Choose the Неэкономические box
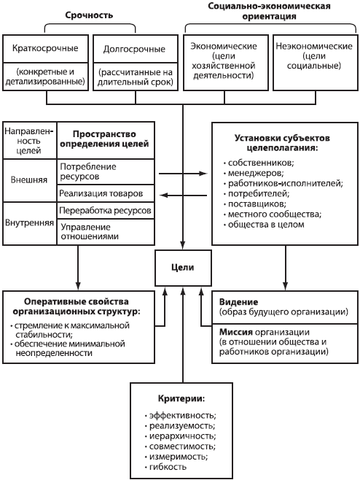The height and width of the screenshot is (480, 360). tap(314, 61)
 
